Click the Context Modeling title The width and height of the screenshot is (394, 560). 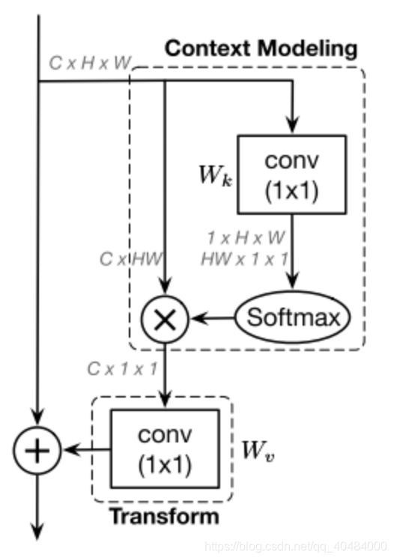point(261,49)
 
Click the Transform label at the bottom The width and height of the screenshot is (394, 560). point(164,516)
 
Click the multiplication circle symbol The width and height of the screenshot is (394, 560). point(165,318)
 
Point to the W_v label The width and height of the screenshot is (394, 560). point(257,451)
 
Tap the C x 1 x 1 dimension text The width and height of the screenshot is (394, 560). point(121,368)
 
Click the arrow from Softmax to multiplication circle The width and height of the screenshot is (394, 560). point(213,318)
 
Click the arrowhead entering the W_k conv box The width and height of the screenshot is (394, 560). point(291,127)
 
